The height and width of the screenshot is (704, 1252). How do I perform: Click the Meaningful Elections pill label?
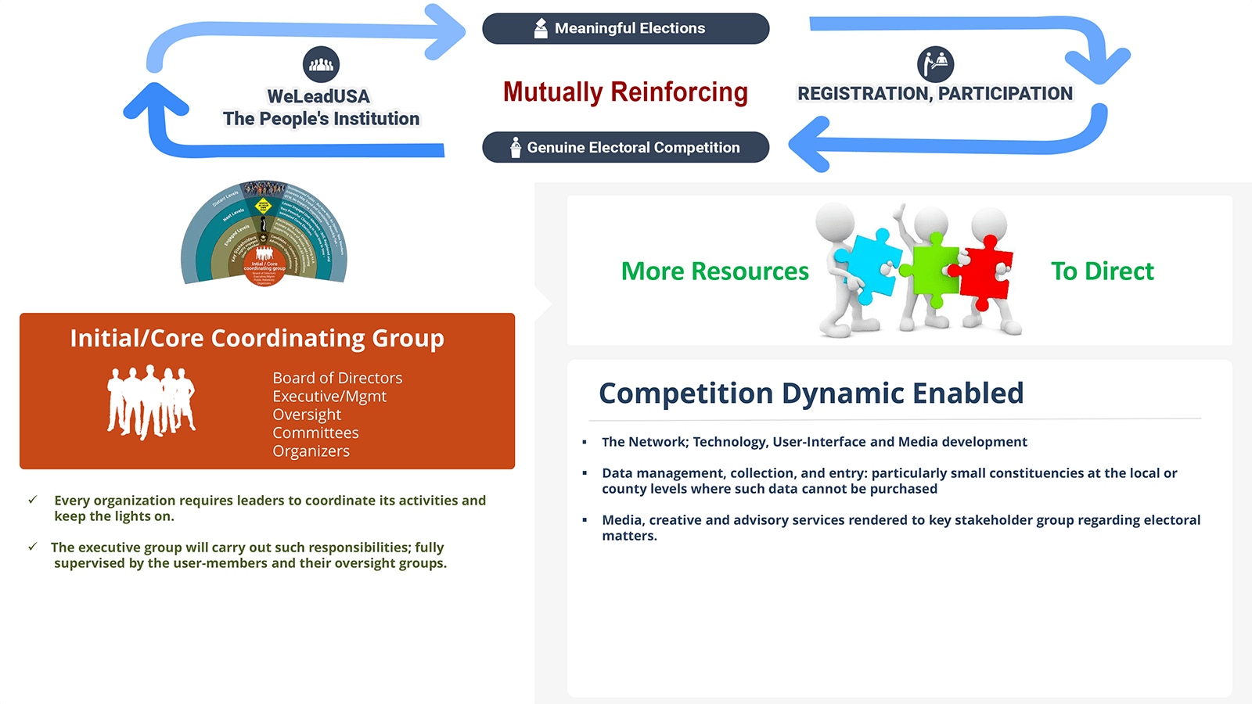click(x=626, y=29)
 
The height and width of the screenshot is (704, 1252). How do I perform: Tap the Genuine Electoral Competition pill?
click(x=626, y=147)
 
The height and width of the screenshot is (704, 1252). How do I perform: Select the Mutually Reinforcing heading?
click(x=625, y=92)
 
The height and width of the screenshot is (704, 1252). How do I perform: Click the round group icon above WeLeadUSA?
click(x=321, y=64)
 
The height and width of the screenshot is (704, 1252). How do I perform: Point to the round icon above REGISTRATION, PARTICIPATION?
click(x=935, y=64)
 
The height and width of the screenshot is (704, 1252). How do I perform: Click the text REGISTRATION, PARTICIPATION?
click(x=935, y=94)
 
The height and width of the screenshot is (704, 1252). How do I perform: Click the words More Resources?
click(x=714, y=271)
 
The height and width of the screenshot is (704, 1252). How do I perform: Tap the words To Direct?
click(x=1102, y=271)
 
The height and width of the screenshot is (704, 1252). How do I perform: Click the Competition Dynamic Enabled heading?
click(x=811, y=393)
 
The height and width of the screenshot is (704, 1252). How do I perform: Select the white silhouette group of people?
click(x=151, y=401)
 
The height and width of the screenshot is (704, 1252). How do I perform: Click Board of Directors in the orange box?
click(x=337, y=378)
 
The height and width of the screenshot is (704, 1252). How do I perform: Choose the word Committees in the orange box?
click(x=315, y=433)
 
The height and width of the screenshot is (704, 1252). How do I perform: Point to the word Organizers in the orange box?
click(x=311, y=451)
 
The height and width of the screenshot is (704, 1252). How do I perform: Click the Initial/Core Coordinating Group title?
click(x=257, y=338)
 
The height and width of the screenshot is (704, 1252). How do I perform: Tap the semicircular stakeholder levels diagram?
click(x=264, y=233)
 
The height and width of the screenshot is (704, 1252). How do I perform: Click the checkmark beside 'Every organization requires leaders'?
click(x=33, y=499)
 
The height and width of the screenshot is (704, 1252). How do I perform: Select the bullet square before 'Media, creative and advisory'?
click(x=585, y=519)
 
